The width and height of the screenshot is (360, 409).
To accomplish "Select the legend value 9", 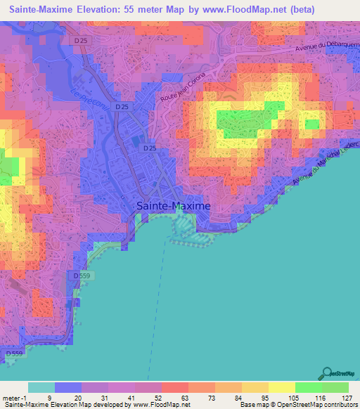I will coord(67,398).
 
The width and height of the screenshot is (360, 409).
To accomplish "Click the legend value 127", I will coord(346,398).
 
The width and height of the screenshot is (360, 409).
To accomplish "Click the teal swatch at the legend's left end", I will coord(41,387).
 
